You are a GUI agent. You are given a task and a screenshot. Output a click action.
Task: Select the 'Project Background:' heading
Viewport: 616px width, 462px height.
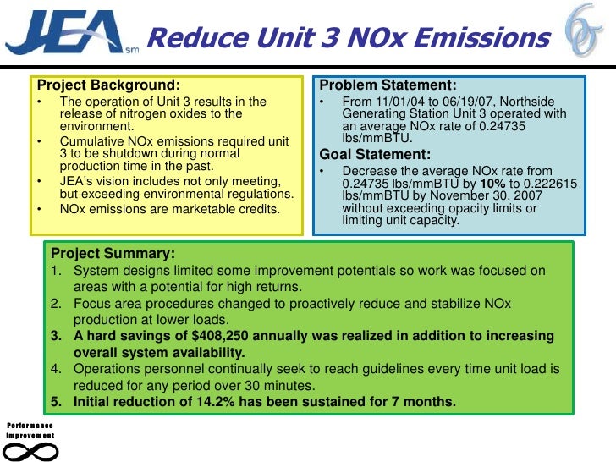click(107, 85)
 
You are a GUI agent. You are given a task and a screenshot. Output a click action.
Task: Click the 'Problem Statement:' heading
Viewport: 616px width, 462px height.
click(388, 85)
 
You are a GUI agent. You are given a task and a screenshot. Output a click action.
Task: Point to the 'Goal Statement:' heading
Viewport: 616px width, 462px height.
click(375, 154)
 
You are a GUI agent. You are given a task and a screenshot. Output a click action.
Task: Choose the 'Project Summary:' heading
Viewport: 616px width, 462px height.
click(113, 254)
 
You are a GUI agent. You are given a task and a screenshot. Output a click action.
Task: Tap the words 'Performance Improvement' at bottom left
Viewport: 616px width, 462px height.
click(30, 430)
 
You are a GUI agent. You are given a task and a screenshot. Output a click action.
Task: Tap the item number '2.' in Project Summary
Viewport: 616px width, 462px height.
click(57, 303)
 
